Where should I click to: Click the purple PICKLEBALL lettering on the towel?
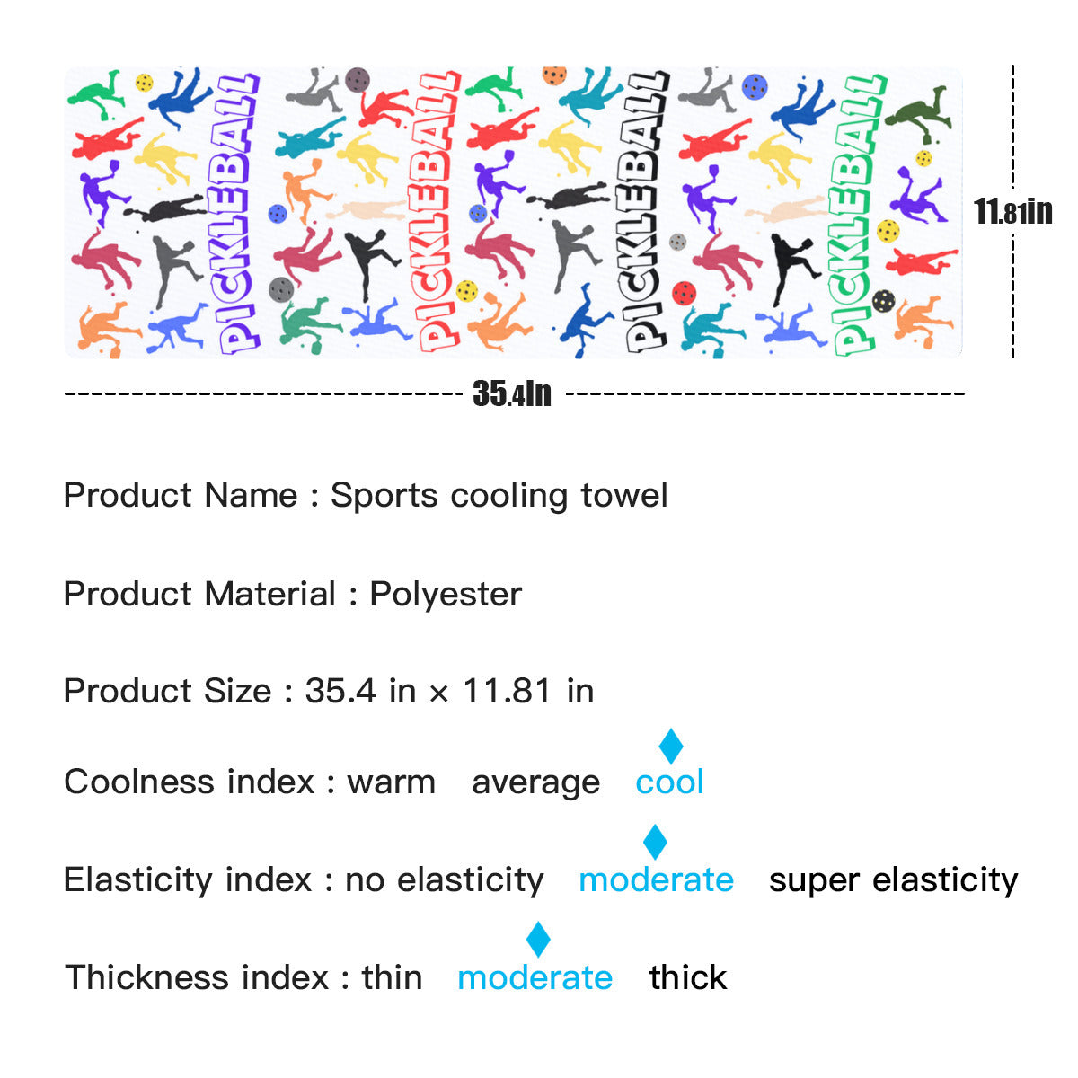[237, 214]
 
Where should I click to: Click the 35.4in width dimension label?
[512, 393]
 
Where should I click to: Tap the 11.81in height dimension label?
[1012, 212]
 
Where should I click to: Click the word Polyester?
[446, 595]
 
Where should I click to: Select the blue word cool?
[669, 782]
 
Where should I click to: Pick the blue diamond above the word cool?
[671, 747]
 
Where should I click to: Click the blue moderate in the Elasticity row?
[656, 879]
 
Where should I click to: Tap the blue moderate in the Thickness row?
[535, 977]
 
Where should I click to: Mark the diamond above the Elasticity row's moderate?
[656, 843]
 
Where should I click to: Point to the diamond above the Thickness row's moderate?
[538, 940]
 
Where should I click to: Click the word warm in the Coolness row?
[391, 782]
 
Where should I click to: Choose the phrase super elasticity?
[893, 879]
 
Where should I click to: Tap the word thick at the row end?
[687, 977]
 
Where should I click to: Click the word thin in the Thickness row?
[392, 977]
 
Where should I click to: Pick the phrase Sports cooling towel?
[499, 496]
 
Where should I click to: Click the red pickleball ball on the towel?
[684, 293]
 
